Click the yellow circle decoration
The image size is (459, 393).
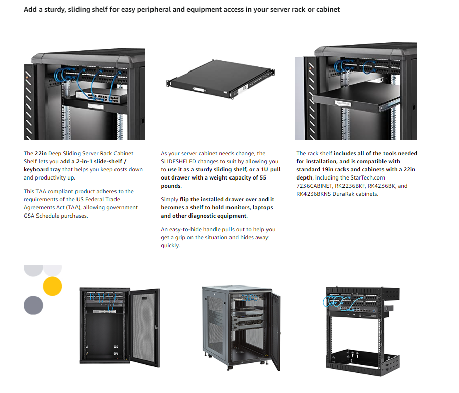pyautogui.click(x=52, y=286)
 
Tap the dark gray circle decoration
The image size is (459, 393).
pyautogui.click(x=33, y=305)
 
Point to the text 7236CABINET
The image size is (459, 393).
pyautogui.click(x=315, y=186)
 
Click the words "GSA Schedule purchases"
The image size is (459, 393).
pyautogui.click(x=56, y=216)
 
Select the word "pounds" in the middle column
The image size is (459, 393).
pyautogui.click(x=171, y=186)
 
